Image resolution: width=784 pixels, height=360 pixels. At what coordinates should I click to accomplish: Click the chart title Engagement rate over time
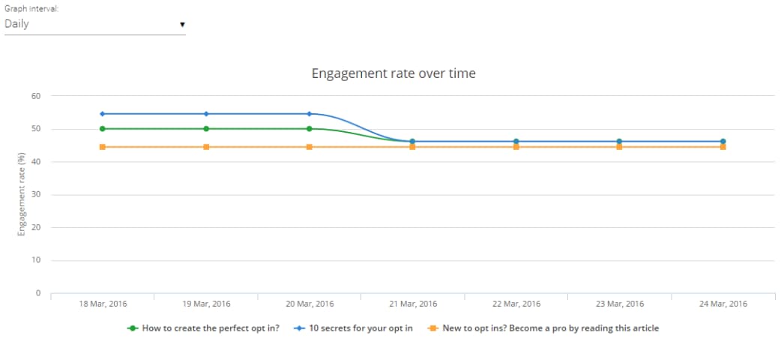pos(393,73)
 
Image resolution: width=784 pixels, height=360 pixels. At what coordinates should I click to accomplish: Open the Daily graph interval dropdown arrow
pos(182,25)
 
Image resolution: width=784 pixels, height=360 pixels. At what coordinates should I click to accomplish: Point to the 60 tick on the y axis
pos(35,96)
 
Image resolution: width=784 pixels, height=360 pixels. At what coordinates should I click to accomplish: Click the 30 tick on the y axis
pos(35,195)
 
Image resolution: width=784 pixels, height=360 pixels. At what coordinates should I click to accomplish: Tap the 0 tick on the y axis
pos(37,293)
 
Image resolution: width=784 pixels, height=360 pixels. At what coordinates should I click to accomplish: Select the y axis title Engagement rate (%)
pos(22,195)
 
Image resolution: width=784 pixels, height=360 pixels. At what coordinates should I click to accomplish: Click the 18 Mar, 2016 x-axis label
pos(103,304)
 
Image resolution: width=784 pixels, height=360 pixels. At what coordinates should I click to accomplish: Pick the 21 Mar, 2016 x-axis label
pos(413,304)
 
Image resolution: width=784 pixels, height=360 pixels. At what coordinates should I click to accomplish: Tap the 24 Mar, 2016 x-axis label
pos(723,304)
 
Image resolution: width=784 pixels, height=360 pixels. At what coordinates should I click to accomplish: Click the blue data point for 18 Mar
pos(103,114)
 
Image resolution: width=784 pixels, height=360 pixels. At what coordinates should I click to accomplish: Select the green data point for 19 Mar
pos(206,129)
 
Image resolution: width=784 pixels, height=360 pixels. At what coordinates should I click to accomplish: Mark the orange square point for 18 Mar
pos(103,147)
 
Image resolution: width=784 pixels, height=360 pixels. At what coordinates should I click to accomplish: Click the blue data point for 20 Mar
pos(310,114)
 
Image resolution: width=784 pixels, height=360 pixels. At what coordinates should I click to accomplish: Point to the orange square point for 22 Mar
pos(516,147)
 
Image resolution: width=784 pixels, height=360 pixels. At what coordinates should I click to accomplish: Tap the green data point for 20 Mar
pos(310,129)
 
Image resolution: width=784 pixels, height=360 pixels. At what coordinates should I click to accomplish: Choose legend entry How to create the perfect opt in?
pos(210,328)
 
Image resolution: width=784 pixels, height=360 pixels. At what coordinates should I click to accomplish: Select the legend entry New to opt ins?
pos(550,328)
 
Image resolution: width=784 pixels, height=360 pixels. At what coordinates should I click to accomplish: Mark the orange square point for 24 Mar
pos(723,147)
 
